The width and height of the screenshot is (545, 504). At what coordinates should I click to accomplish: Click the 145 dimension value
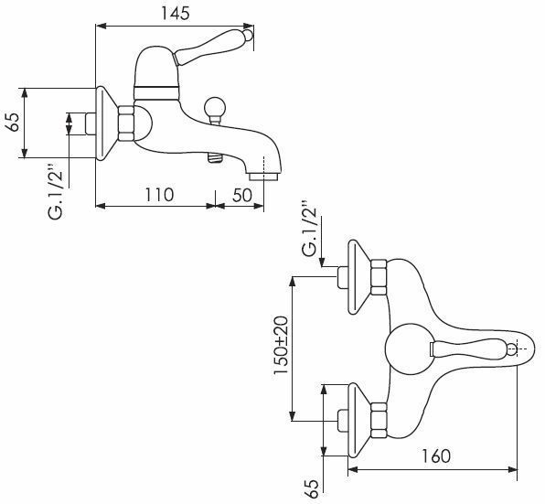coord(176,13)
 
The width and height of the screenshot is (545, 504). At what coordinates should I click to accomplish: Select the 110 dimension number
coord(159,195)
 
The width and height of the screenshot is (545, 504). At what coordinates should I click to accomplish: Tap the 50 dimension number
coord(242,196)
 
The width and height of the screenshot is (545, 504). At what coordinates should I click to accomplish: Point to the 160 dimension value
coord(435,456)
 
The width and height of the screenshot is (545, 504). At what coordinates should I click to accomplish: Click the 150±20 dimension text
coord(281,345)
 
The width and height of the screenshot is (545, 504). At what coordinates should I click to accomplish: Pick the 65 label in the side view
coord(13,122)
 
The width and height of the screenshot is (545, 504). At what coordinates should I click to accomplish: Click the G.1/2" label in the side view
coord(56,189)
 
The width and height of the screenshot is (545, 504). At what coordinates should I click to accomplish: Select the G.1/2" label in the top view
coord(309,228)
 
